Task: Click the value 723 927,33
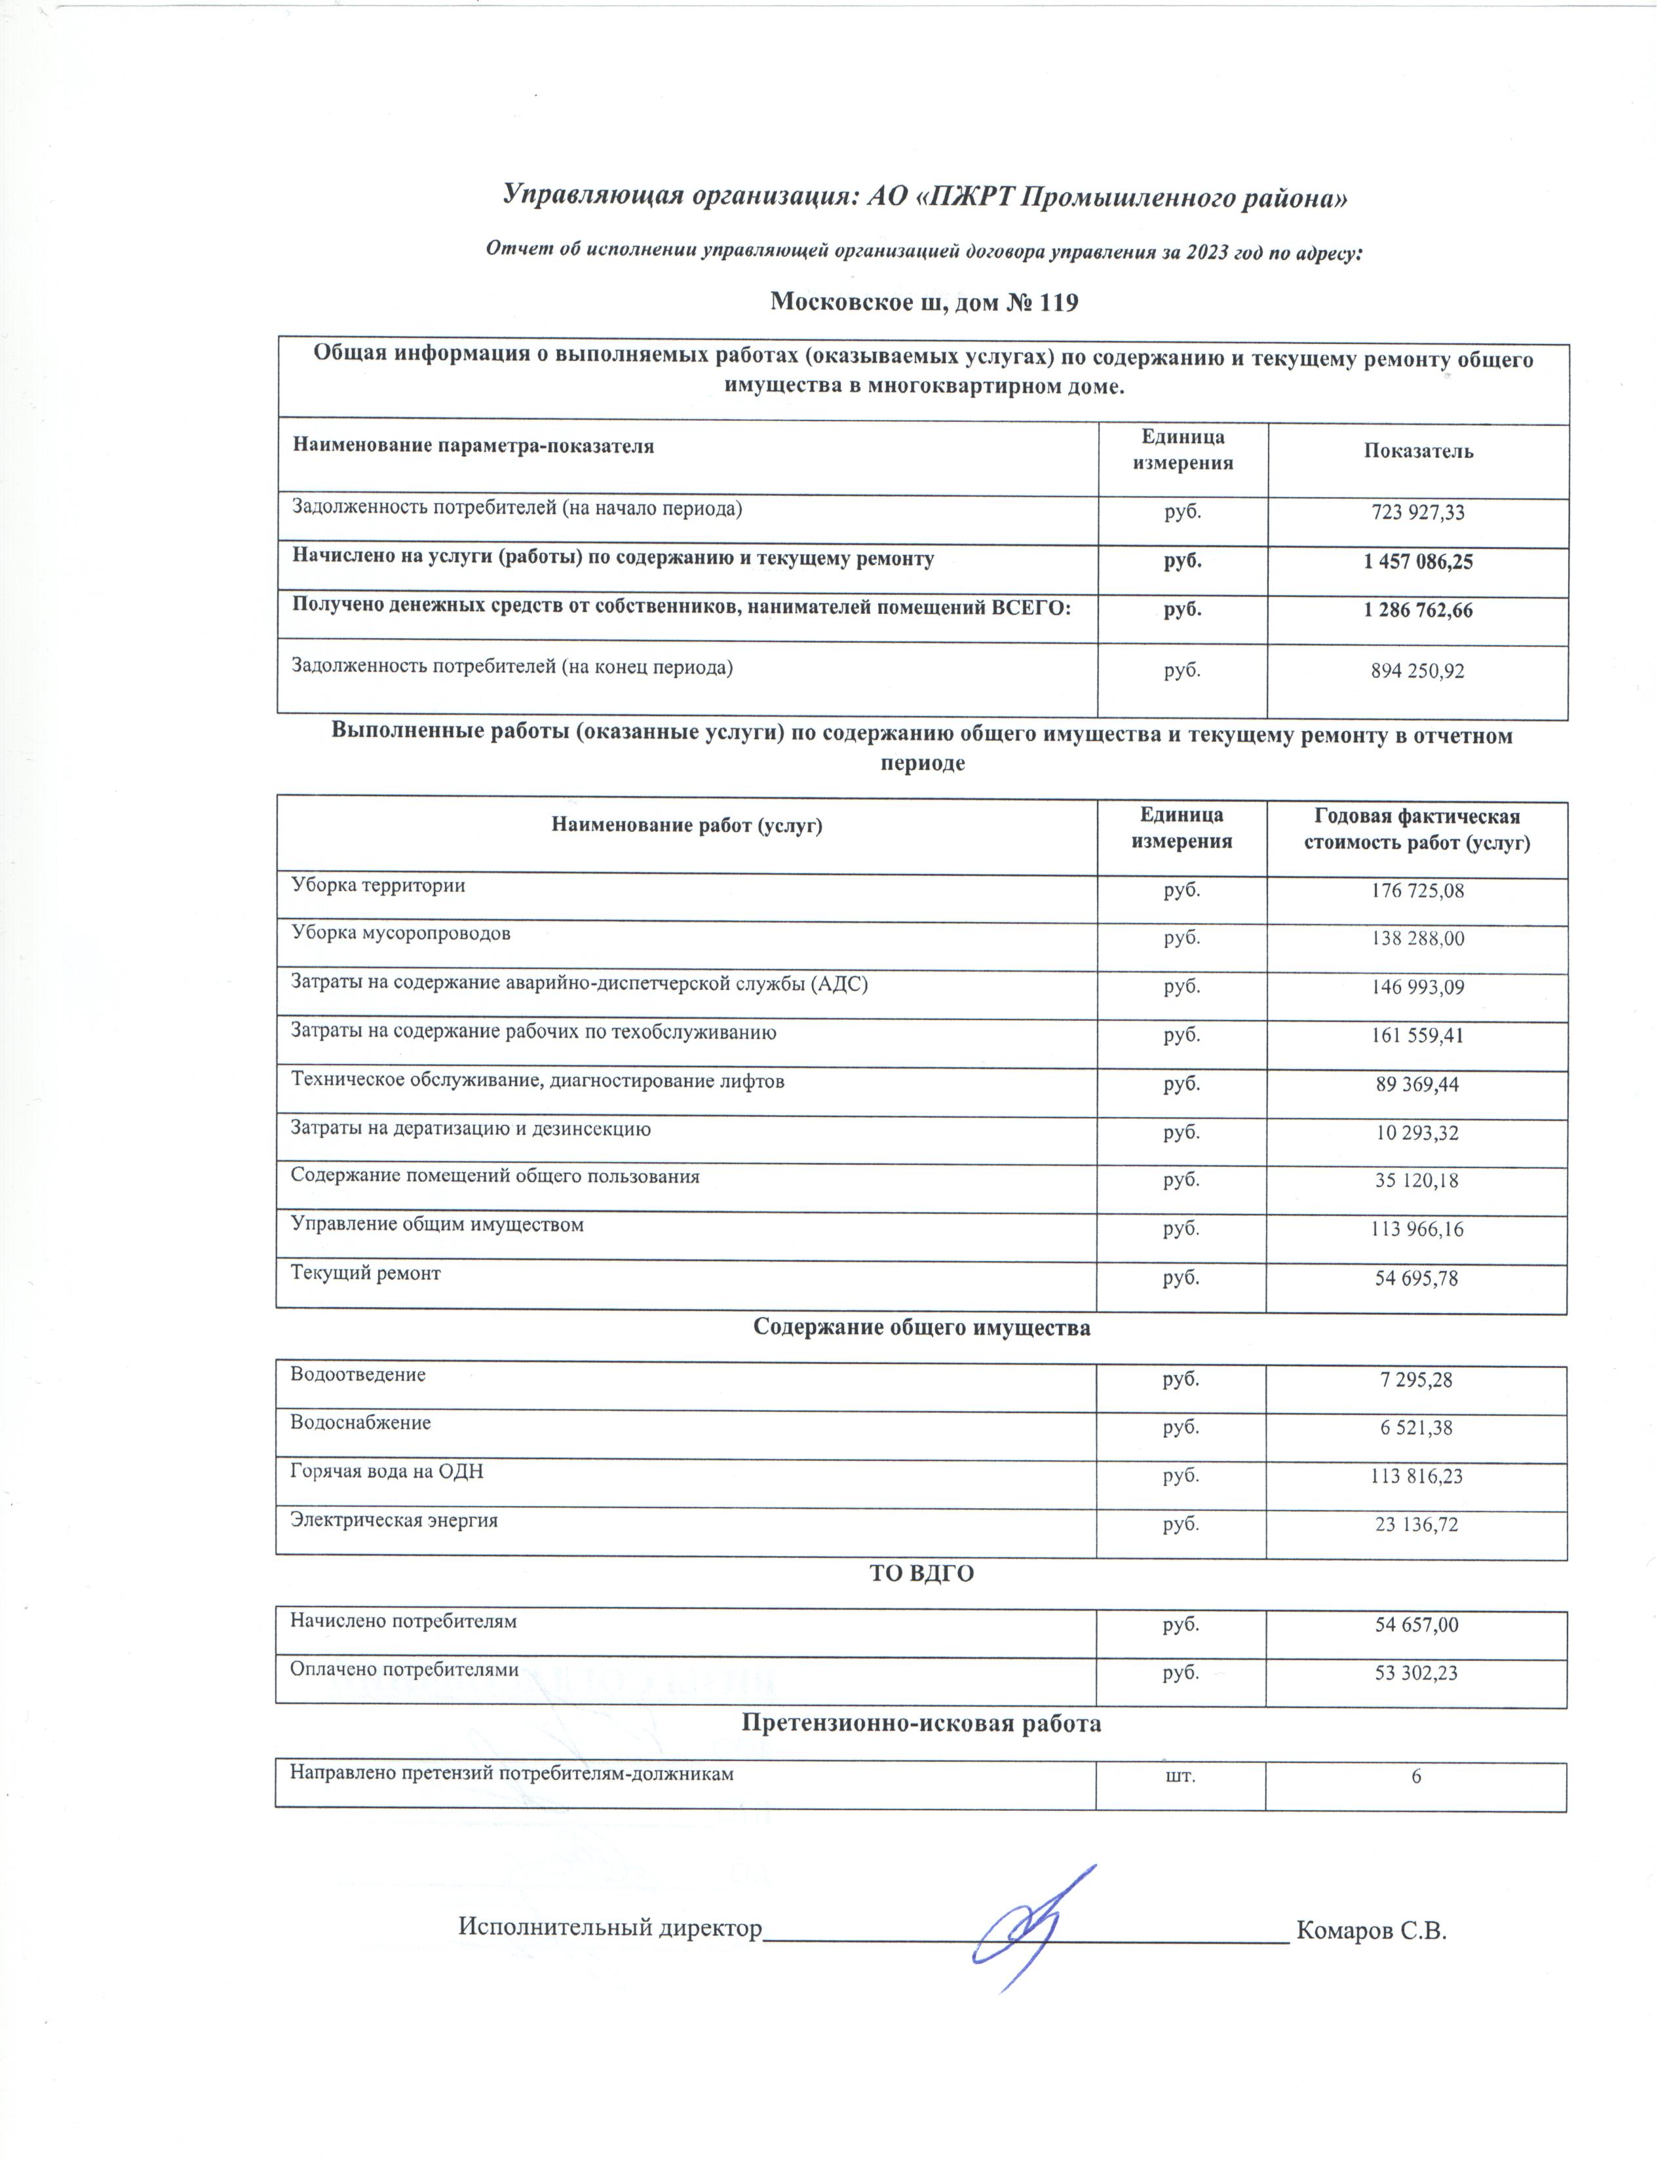pos(1417,513)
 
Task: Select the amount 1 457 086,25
pos(1417,561)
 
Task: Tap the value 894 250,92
pos(1417,671)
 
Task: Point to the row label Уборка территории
pos(377,886)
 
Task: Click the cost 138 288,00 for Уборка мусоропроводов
pos(1417,938)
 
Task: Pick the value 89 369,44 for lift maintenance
pos(1417,1085)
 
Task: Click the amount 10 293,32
pos(1417,1133)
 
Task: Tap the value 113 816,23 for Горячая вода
pos(1417,1477)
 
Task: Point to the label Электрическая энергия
pos(393,1521)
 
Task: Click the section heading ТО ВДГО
pos(921,1574)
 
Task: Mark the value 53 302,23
pos(1417,1674)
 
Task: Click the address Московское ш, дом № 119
pos(923,303)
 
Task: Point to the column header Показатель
pos(1417,451)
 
